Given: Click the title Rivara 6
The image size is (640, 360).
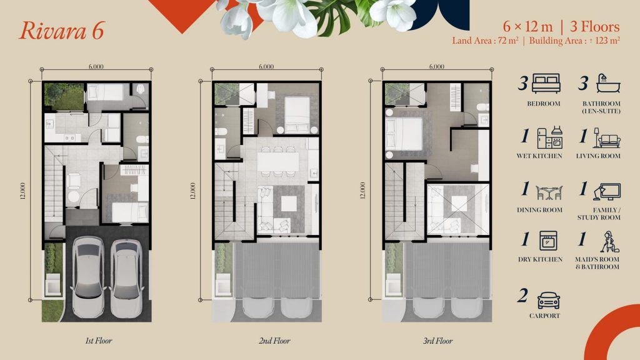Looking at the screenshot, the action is (62, 31).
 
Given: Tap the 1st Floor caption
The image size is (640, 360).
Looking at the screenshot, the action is (98, 341).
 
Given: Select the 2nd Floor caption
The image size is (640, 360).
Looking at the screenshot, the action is (274, 341).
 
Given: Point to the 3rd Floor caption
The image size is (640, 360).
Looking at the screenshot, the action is (438, 341).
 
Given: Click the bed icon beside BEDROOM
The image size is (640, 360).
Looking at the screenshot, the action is (546, 84).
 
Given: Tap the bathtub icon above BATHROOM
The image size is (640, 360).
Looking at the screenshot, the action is (608, 84).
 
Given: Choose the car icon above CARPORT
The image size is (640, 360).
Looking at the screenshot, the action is (549, 301).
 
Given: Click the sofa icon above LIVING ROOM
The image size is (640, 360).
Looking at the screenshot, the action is (607, 138).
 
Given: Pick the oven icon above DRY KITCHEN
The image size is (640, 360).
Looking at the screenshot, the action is (548, 241).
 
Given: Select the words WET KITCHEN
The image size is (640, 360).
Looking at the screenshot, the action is (539, 156).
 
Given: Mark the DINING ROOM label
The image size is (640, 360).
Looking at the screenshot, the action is (539, 210).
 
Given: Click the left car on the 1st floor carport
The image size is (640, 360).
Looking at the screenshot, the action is (88, 276).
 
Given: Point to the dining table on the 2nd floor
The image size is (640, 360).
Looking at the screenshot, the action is (278, 162).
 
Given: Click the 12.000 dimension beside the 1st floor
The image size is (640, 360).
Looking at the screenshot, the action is (22, 191).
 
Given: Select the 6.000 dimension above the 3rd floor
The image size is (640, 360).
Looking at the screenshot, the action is (437, 66).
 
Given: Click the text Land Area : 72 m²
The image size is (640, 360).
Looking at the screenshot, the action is (485, 41).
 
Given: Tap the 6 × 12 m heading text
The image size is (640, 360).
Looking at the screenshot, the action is (527, 27).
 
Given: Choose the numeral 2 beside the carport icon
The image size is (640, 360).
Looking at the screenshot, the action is (522, 296).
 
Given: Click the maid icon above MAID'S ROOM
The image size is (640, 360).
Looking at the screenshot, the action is (609, 242).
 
